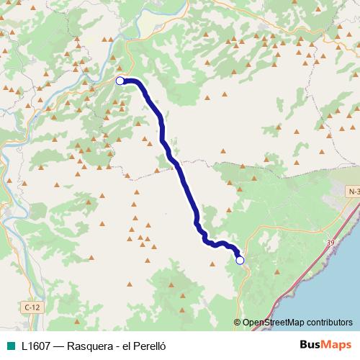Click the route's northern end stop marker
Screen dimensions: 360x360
[120, 81]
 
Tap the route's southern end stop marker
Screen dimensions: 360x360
[240, 260]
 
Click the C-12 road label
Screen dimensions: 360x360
[30, 307]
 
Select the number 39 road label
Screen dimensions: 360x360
[330, 243]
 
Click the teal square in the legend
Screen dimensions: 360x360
[11, 345]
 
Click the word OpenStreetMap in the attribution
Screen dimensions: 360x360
[274, 323]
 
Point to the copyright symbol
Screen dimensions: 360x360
[238, 323]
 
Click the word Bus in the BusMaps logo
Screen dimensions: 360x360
[310, 344]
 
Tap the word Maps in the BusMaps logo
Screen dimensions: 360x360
[337, 344]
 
